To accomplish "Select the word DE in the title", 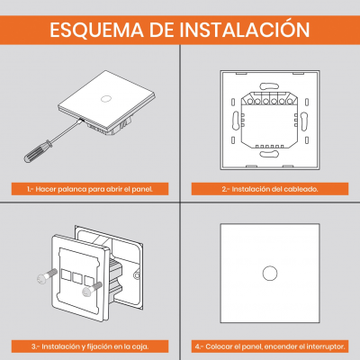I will click(x=164, y=29).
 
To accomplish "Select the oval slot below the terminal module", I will click(x=267, y=154).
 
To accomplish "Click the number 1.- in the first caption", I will click(x=29, y=191).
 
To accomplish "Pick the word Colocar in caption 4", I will click(x=221, y=346).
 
